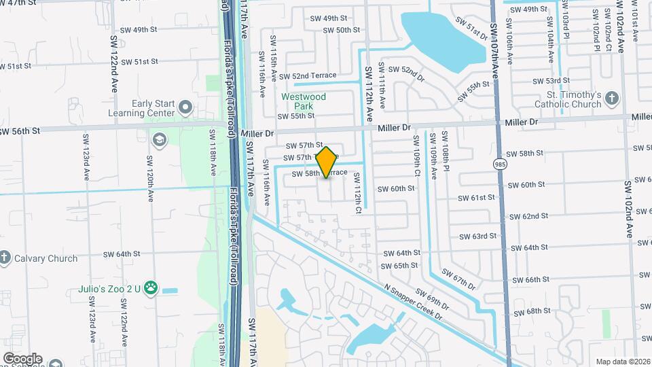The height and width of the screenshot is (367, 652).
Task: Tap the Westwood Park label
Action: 304,102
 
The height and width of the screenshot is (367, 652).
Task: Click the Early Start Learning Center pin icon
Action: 185,108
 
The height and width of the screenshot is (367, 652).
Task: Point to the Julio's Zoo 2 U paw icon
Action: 151,289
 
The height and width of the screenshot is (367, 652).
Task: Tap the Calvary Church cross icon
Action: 5,258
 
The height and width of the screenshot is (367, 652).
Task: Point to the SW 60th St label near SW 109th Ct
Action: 396,189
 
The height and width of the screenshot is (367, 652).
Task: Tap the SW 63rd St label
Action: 477,237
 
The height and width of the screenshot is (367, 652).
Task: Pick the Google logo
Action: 22,358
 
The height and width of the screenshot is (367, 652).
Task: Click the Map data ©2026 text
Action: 622,362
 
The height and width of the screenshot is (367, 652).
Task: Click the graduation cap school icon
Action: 160,141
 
